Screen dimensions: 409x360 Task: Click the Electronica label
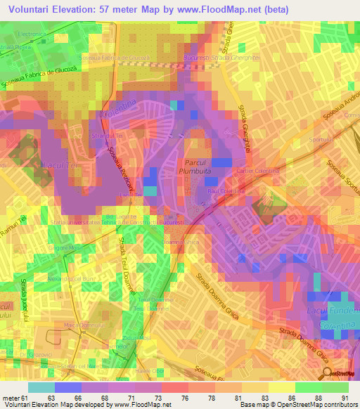tap(32, 34)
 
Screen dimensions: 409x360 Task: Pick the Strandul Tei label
tap(108, 134)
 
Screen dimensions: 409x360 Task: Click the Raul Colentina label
tap(225, 190)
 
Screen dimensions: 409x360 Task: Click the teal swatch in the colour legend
tap(41, 387)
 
